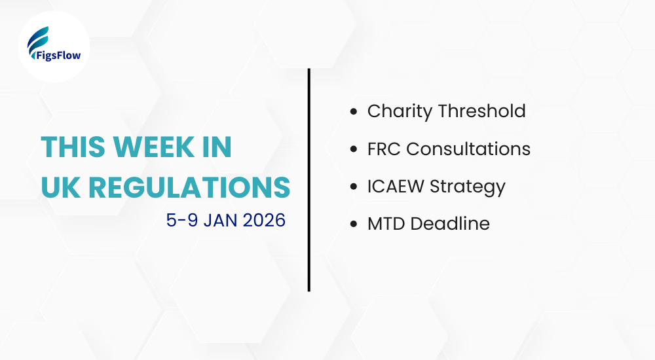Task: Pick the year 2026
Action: point(265,221)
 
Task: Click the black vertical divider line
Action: point(309,179)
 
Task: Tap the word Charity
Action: point(400,112)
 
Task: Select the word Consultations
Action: point(468,149)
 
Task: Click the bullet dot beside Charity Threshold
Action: point(354,112)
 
